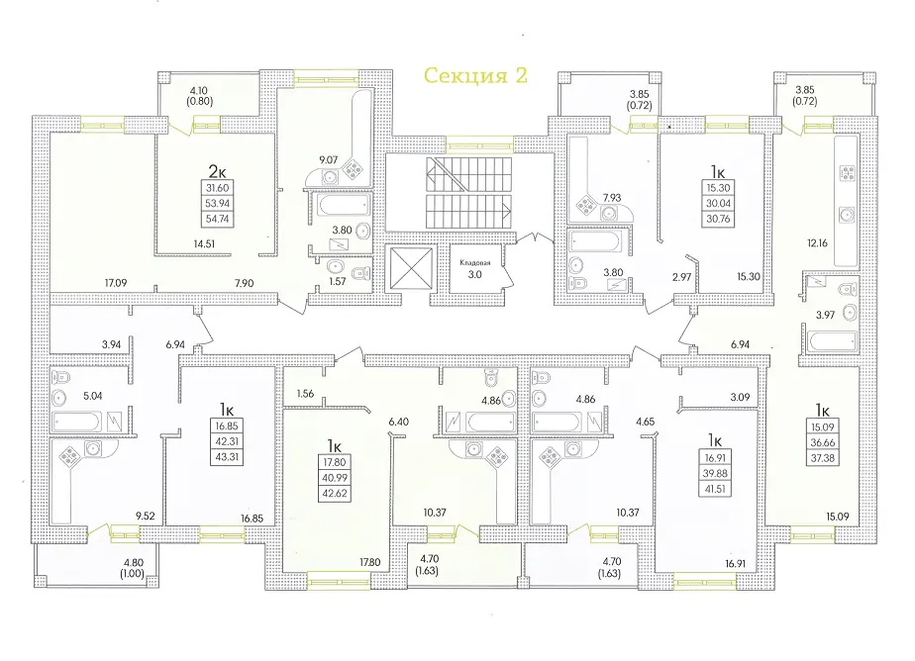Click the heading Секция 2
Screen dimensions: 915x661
point(475,76)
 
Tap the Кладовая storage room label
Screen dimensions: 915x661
point(475,263)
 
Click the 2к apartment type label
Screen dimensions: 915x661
point(217,171)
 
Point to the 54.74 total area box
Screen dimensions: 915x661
point(217,219)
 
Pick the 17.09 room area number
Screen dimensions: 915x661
point(116,283)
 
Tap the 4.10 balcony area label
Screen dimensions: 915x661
point(199,91)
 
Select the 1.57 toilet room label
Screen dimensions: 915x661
point(338,282)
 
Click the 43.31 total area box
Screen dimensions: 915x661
point(227,457)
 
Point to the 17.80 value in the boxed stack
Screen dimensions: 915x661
point(335,462)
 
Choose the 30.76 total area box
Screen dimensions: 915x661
point(718,219)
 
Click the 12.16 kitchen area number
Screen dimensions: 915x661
point(818,243)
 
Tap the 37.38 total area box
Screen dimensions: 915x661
point(822,458)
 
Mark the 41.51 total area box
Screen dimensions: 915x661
point(715,489)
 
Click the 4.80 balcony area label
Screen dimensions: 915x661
point(134,563)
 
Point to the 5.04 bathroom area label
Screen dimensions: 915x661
point(92,397)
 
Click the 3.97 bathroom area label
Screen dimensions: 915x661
point(825,316)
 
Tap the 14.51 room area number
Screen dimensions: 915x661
point(204,244)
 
